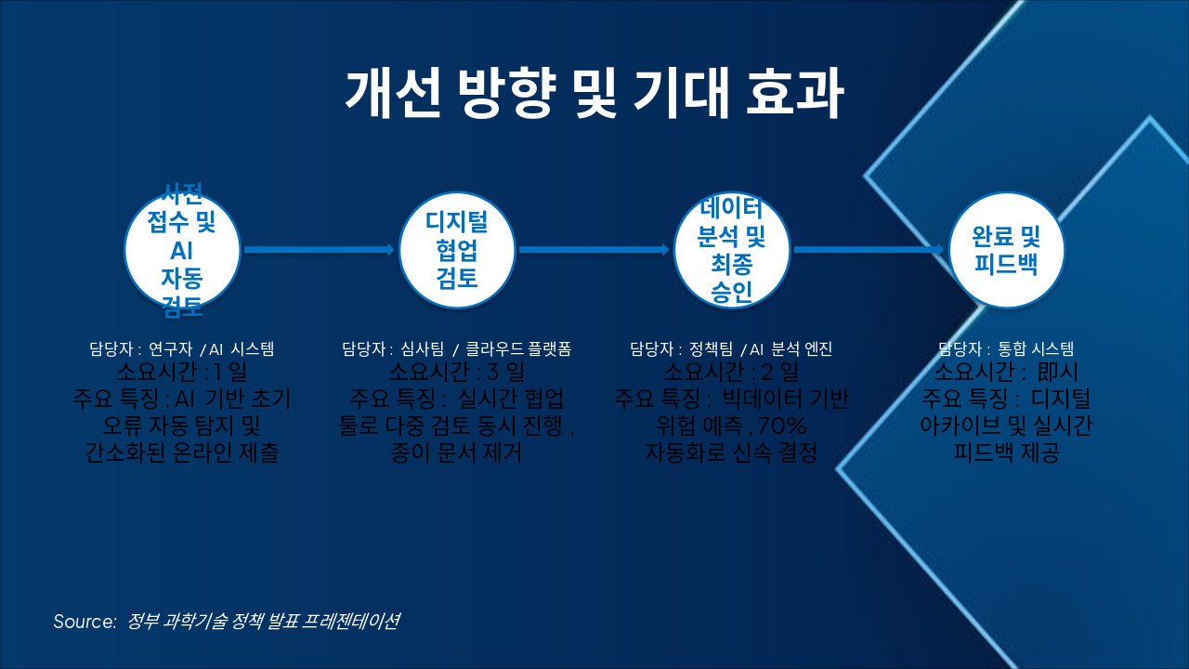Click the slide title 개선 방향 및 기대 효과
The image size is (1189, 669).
[x=594, y=93]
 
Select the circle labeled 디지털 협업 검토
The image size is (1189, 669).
[x=457, y=250]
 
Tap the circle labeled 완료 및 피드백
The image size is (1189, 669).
[x=1006, y=250]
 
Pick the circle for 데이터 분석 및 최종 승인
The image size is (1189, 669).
[x=731, y=250]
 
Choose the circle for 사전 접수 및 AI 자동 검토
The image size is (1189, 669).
[x=182, y=250]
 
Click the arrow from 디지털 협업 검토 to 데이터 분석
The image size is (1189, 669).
[x=594, y=250]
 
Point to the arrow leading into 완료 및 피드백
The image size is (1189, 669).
[x=869, y=250]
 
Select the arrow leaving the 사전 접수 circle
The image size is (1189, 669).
[x=319, y=250]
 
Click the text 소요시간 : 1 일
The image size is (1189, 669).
[x=182, y=374]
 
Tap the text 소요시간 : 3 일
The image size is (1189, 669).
[x=457, y=374]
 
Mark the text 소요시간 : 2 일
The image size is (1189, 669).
[x=731, y=374]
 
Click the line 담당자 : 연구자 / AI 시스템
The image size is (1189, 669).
[x=182, y=349]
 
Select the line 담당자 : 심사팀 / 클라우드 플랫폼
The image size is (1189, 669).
[x=457, y=349]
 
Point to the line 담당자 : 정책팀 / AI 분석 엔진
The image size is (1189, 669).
[x=731, y=349]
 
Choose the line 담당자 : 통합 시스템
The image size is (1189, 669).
[x=1006, y=349]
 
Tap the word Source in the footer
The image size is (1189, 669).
[x=84, y=622]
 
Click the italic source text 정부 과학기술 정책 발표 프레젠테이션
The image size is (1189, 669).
[x=264, y=622]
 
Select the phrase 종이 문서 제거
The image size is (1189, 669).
[x=457, y=453]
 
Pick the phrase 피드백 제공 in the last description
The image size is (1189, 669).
[x=1006, y=453]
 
